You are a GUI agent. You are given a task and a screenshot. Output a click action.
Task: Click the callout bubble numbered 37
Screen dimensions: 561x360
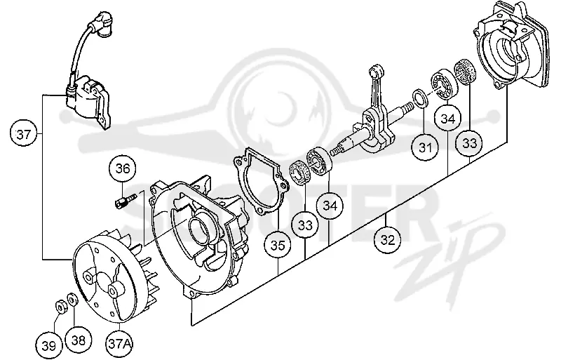(24, 135)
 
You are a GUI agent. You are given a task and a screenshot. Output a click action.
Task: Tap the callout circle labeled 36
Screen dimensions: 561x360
(123, 168)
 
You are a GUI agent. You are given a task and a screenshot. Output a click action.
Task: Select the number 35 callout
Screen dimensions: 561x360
(278, 246)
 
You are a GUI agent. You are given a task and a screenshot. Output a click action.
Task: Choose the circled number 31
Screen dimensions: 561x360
(426, 147)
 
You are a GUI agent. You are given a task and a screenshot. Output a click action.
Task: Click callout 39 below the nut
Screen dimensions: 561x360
(49, 346)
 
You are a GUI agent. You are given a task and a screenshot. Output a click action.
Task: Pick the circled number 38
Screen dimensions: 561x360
(79, 340)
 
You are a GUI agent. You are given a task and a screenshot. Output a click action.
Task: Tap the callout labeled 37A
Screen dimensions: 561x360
(119, 344)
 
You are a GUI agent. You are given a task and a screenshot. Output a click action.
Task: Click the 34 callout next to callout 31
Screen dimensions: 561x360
(448, 119)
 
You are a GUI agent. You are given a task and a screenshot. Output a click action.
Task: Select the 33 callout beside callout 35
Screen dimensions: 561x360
(305, 225)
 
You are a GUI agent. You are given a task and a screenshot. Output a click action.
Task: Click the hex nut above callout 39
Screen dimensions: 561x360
(60, 307)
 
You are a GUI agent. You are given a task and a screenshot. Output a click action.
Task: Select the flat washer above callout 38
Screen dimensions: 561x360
(72, 298)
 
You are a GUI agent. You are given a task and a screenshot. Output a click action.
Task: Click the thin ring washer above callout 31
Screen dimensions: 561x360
(419, 98)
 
